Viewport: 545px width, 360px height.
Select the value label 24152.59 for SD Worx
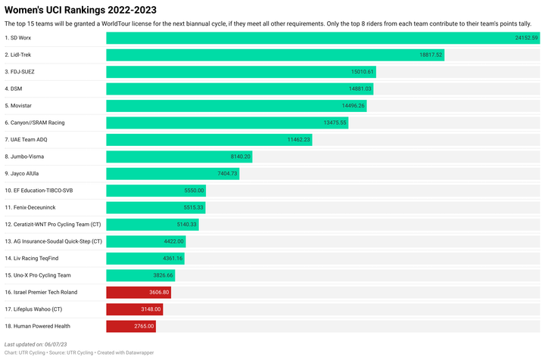(x=525, y=38)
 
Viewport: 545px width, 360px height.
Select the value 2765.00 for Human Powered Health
(x=144, y=326)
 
